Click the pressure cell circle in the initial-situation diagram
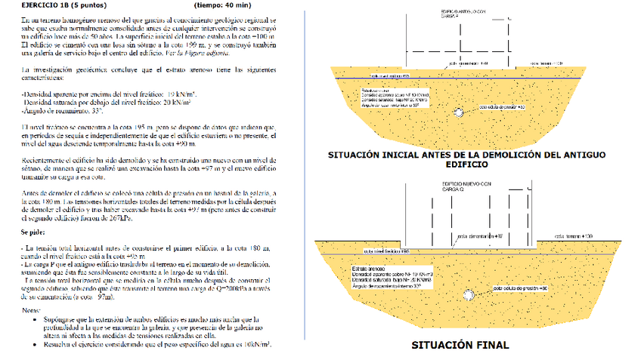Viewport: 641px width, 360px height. click(x=460, y=112)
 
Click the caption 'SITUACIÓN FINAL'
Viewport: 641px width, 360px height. click(x=460, y=346)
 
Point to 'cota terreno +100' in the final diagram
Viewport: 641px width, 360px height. click(x=574, y=236)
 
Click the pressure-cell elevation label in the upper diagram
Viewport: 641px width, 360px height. click(x=502, y=108)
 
